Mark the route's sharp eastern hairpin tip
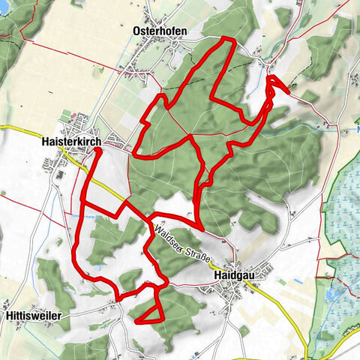click(x=287, y=88)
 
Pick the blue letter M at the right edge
click(x=357, y=129)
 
